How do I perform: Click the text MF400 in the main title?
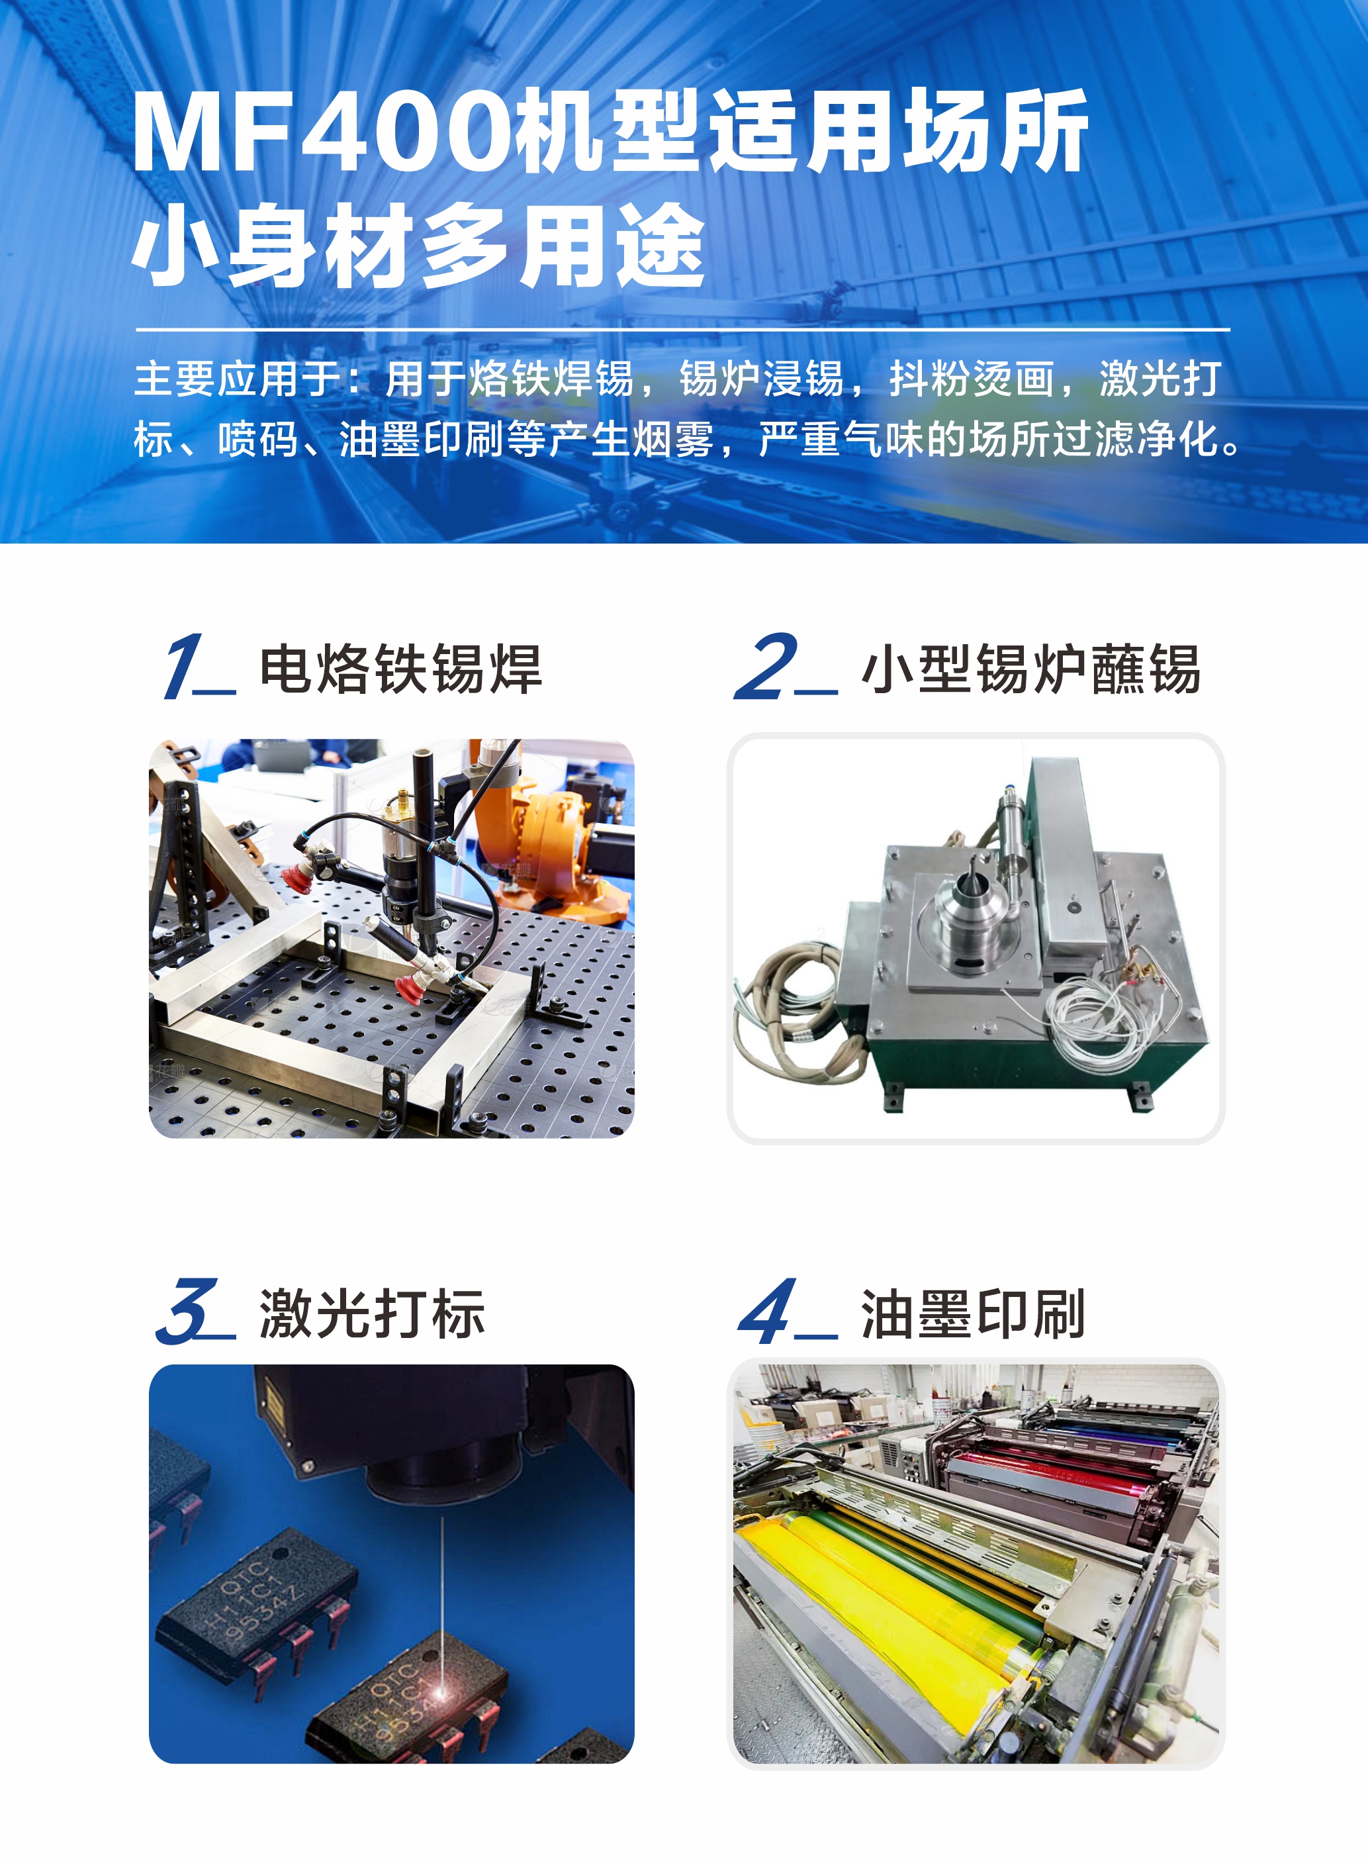point(323,132)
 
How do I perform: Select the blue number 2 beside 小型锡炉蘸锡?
point(766,666)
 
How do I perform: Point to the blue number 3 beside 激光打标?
point(187,1311)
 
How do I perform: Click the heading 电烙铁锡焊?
point(401,669)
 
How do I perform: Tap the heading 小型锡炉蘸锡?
point(1031,669)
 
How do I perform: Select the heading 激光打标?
point(372,1313)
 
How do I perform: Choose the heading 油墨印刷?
point(973,1313)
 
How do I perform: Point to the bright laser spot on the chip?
point(442,1690)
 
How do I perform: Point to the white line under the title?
point(683,329)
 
